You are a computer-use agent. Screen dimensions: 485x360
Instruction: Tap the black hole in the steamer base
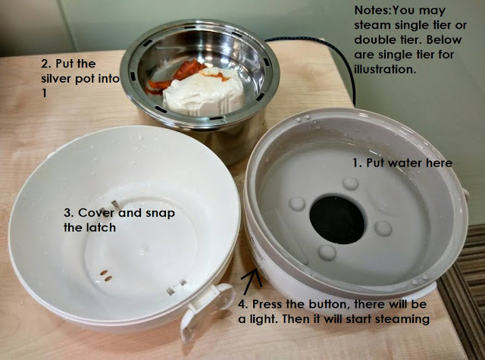(337, 219)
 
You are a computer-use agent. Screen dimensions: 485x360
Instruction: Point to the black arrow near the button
(251, 281)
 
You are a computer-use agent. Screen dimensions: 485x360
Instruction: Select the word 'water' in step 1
(406, 163)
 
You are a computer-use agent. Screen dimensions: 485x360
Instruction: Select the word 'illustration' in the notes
(384, 69)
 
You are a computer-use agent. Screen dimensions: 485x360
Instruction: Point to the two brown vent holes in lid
(106, 276)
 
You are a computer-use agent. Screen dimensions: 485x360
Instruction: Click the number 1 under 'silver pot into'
(44, 93)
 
